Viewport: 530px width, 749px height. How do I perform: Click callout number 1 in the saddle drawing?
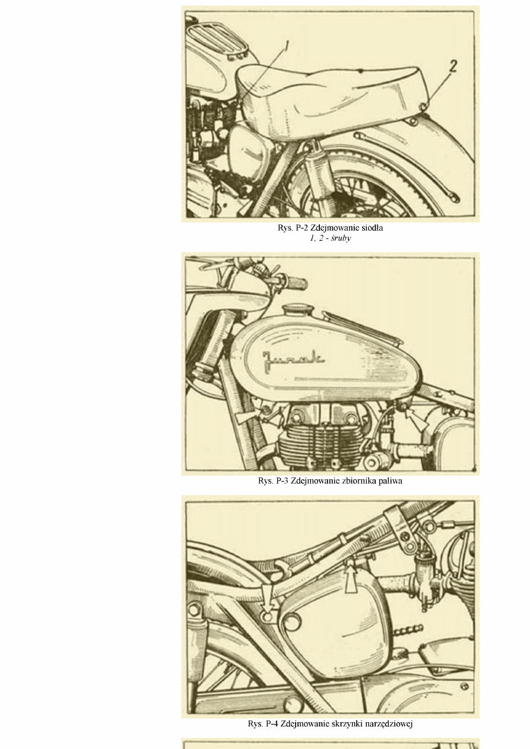[x=287, y=46]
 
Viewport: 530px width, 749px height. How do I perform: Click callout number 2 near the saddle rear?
[x=452, y=66]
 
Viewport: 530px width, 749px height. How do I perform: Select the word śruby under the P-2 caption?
[x=341, y=238]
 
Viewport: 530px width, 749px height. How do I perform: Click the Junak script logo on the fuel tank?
[x=293, y=360]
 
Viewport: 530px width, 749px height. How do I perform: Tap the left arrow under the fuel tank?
[x=247, y=417]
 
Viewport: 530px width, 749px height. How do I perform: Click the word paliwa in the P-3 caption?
[x=391, y=481]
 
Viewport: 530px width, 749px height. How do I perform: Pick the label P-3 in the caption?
[x=282, y=481]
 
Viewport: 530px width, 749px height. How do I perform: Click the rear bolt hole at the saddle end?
[x=423, y=107]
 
